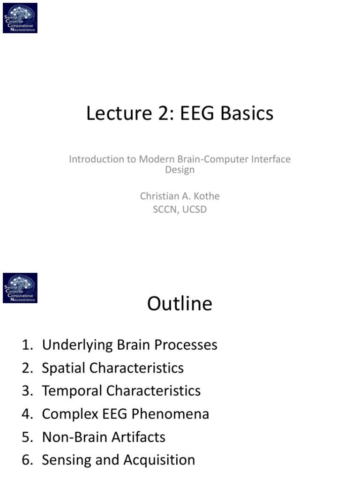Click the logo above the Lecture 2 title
click(x=20, y=17)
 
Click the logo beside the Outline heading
click(x=20, y=288)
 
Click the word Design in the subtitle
click(x=180, y=170)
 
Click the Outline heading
click(x=180, y=304)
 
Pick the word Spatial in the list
click(x=63, y=368)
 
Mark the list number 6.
click(x=26, y=460)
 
